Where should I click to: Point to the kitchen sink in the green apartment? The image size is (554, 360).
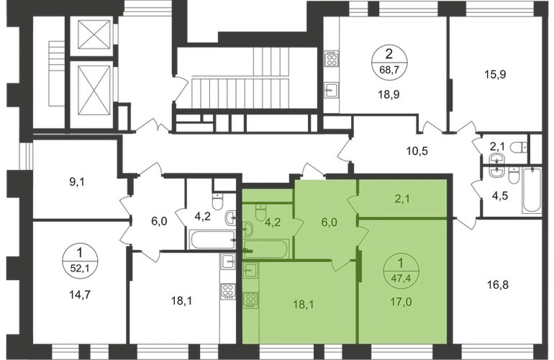[251, 271]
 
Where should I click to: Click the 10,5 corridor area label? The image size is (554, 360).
[416, 150]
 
